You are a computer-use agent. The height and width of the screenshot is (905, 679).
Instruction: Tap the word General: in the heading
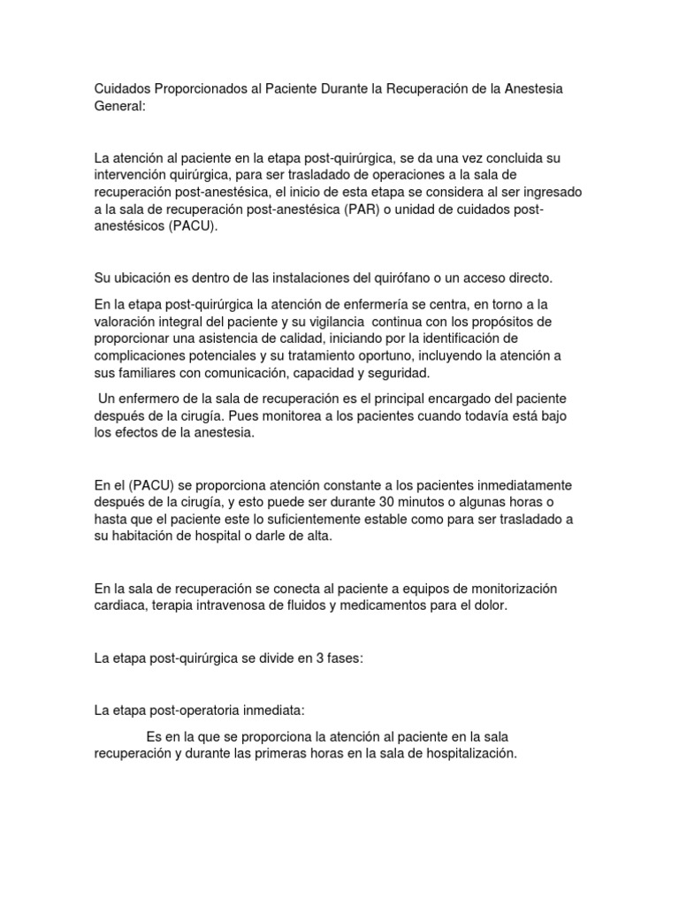click(121, 106)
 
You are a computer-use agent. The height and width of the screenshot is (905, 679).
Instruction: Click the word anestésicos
click(131, 225)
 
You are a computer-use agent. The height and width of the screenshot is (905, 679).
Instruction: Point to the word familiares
click(146, 372)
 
